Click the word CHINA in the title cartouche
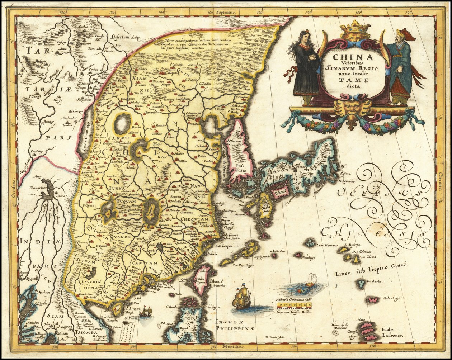353,57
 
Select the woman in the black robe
306,68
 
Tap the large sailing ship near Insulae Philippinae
241,297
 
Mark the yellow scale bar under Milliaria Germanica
294,306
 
